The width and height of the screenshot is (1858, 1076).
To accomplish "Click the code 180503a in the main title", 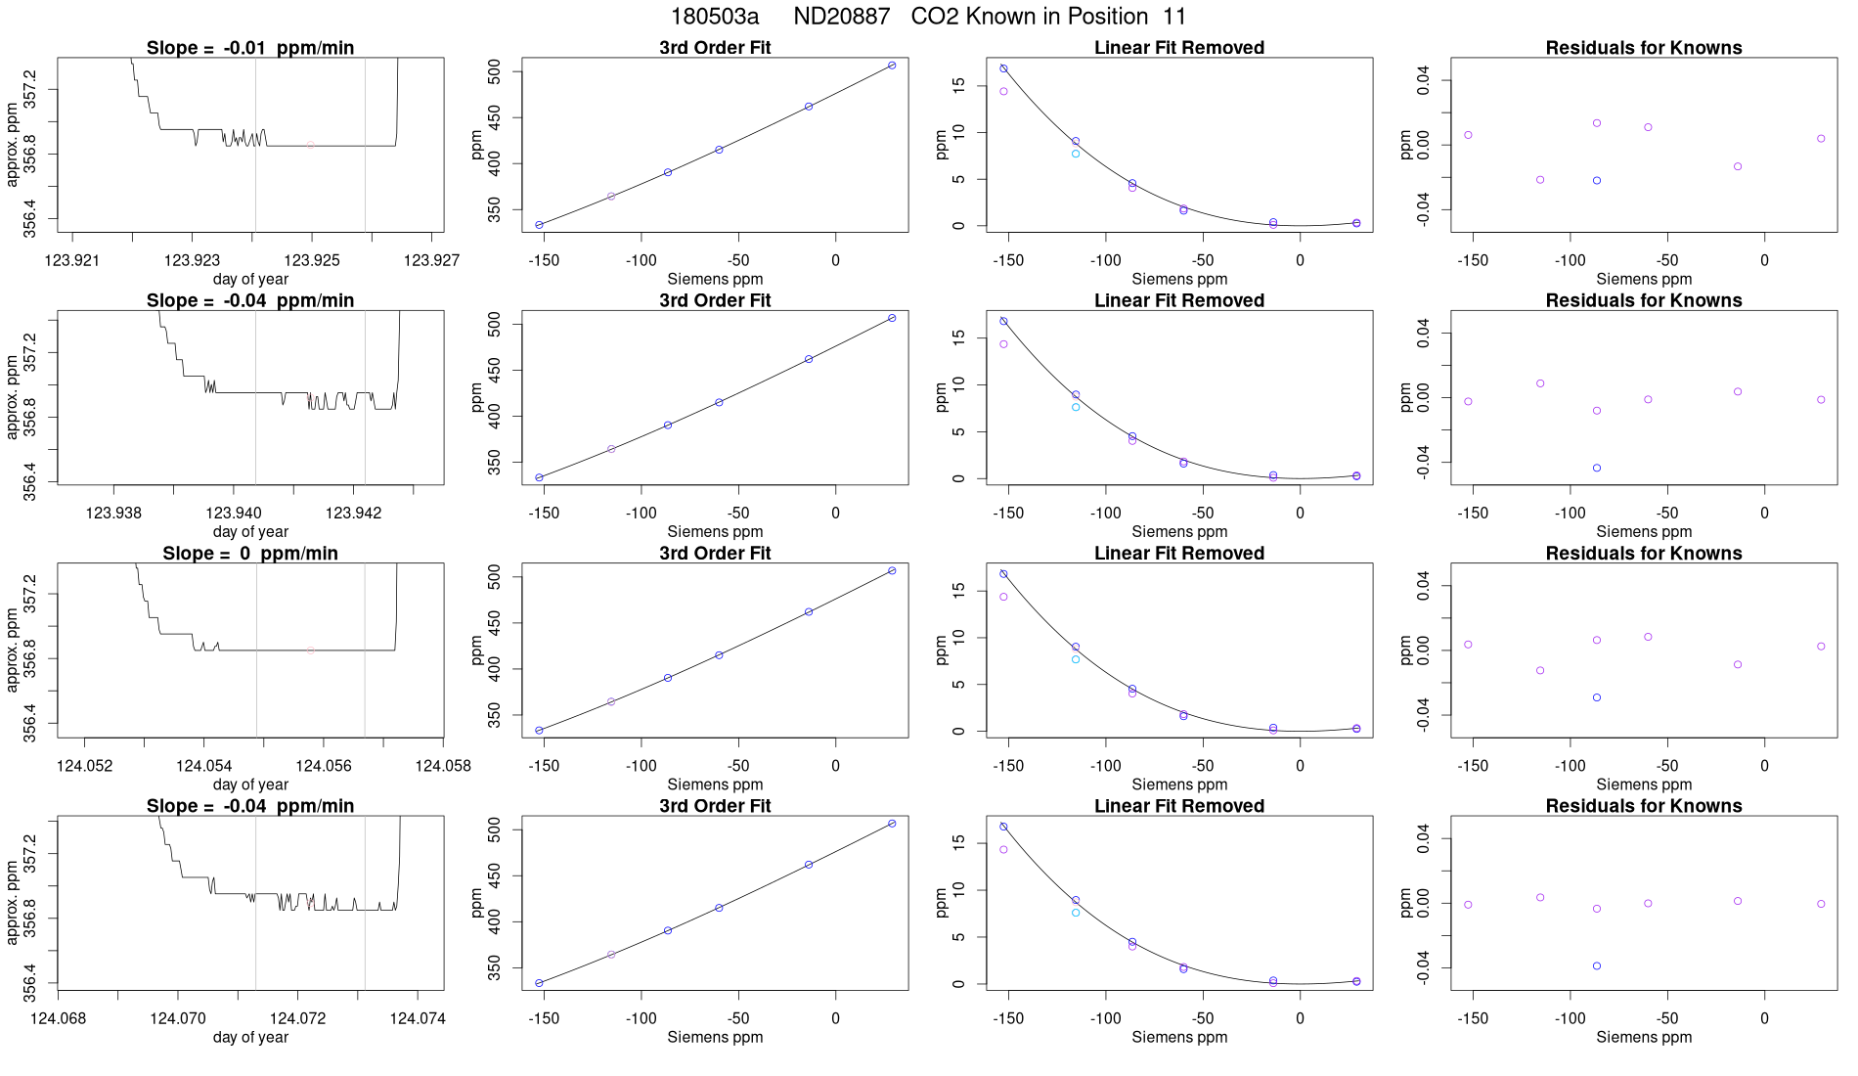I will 714,17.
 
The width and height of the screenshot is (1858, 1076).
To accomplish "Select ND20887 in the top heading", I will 841,17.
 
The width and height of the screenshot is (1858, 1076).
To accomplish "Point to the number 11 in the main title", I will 1174,17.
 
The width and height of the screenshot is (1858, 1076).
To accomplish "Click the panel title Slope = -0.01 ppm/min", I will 250,48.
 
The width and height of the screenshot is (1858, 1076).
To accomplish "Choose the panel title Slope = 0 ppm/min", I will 250,554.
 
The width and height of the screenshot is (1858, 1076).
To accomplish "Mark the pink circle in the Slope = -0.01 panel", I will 311,145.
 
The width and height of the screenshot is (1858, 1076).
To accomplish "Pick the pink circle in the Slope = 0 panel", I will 311,650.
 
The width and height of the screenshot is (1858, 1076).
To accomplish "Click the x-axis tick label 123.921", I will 72,260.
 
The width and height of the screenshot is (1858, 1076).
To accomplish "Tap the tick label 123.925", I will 312,260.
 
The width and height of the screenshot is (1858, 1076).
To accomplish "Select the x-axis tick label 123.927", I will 431,260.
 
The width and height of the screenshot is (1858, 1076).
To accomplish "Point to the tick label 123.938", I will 113,514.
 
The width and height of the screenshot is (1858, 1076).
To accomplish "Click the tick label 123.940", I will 234,514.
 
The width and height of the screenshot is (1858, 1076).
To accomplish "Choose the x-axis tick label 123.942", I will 353,514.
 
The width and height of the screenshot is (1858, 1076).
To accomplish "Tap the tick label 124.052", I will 84,766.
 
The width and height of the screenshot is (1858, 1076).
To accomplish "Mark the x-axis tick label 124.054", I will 203,766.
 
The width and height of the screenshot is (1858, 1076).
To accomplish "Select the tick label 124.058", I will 443,766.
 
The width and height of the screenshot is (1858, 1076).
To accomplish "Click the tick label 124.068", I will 58,1019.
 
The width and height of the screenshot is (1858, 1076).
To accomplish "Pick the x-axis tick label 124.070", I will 178,1019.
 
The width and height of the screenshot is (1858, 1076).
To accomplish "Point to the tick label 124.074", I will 418,1019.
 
